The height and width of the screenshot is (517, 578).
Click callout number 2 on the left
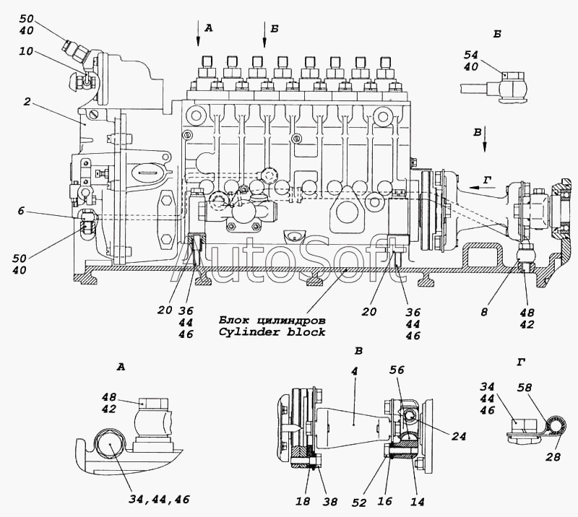(x=27, y=101)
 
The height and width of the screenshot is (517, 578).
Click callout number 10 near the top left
(x=26, y=51)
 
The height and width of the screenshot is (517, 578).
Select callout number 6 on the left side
(x=21, y=210)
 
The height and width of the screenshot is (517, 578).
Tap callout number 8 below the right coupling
(x=484, y=312)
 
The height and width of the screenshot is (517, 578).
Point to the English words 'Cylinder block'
(x=272, y=332)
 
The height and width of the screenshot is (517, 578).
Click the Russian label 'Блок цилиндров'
(x=272, y=320)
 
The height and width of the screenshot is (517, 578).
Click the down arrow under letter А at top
(x=198, y=33)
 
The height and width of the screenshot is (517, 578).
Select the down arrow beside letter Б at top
(x=264, y=35)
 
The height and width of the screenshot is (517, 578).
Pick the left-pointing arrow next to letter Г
(x=484, y=187)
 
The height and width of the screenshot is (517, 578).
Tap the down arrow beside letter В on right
(x=485, y=139)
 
